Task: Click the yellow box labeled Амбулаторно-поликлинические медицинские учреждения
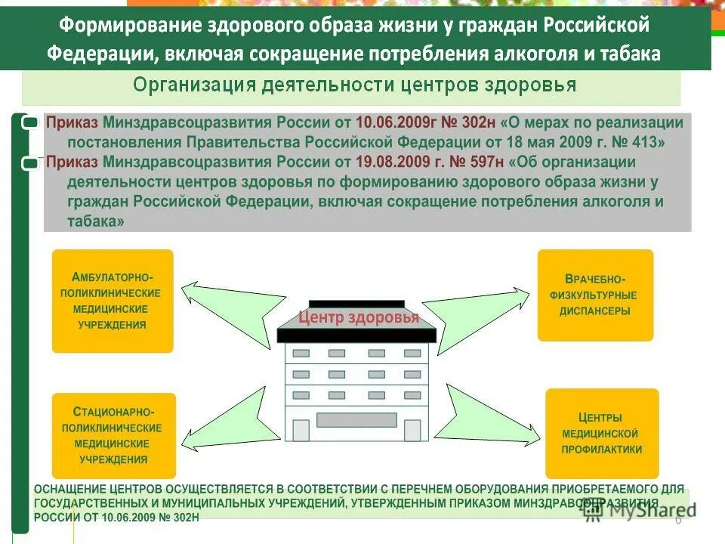[113, 301]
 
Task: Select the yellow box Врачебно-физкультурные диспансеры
[595, 295]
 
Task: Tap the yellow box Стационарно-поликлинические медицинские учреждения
[114, 435]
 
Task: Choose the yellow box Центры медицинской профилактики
[601, 433]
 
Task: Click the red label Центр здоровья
[359, 317]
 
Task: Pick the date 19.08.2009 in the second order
[393, 162]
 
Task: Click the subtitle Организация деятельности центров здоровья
[355, 85]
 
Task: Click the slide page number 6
[677, 519]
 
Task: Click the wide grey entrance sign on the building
[356, 419]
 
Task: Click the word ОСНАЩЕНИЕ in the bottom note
[69, 490]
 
